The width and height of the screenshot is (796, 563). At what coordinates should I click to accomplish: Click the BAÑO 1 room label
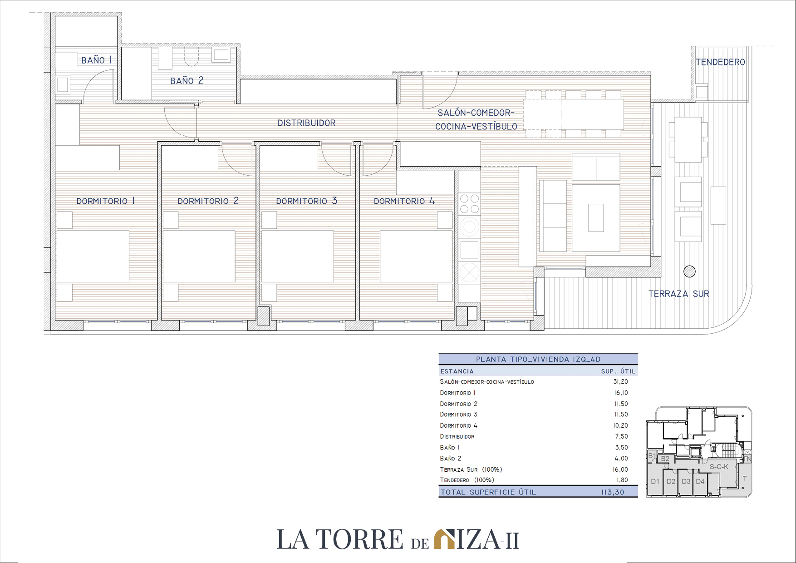[x=96, y=60]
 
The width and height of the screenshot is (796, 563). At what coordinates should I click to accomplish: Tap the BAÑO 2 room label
[x=187, y=81]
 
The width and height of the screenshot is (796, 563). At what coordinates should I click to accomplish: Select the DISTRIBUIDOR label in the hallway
[x=306, y=123]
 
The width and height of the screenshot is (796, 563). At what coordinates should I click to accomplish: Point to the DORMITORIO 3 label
[x=306, y=201]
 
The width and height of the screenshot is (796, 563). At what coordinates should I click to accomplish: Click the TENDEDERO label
[x=720, y=62]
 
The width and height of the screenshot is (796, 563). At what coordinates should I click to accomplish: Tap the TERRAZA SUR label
[x=678, y=294]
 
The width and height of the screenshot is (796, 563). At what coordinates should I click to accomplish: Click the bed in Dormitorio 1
[x=93, y=256]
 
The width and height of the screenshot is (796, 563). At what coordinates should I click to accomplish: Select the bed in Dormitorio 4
[x=416, y=256]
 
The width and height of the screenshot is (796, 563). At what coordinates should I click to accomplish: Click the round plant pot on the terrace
[x=689, y=272]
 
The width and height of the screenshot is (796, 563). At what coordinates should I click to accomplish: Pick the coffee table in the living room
[x=596, y=218]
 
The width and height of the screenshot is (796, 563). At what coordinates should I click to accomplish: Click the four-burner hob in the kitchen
[x=469, y=203]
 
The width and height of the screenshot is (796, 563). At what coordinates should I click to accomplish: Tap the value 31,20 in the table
[x=620, y=382]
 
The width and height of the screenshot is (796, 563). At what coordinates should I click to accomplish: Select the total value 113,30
[x=613, y=492]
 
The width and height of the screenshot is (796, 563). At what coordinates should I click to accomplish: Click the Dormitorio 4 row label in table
[x=458, y=425]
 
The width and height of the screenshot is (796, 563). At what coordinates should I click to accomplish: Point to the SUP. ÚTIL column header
[x=618, y=371]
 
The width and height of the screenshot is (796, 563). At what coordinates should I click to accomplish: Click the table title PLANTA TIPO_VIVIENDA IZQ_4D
[x=538, y=359]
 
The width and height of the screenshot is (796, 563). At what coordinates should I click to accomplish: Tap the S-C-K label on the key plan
[x=719, y=467]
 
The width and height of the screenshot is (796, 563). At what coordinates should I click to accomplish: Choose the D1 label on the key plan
[x=655, y=481]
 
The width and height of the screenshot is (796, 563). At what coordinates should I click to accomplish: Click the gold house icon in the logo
[x=444, y=539]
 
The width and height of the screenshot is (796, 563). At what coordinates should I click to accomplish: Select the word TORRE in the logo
[x=359, y=539]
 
